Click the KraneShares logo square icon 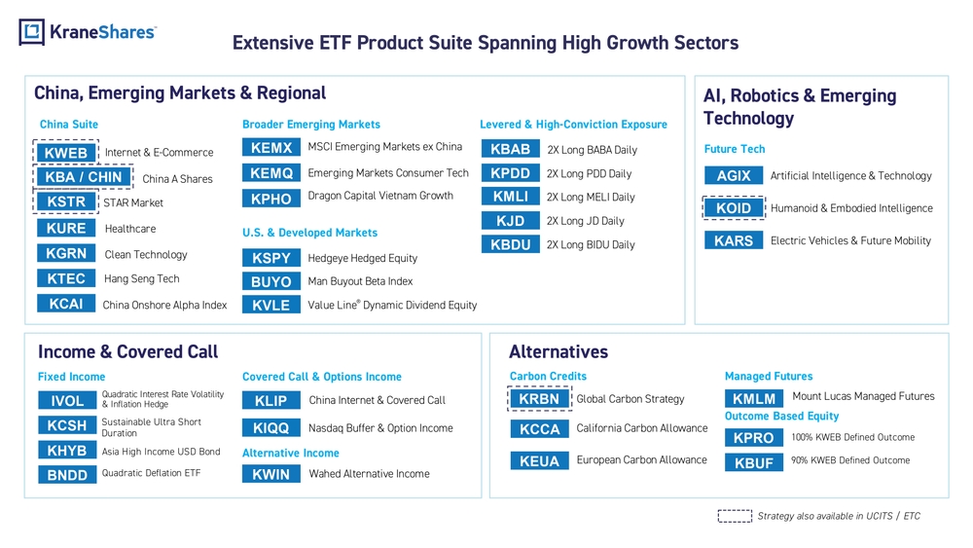pyautogui.click(x=32, y=32)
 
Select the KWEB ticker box pyautogui.click(x=66, y=153)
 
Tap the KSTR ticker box pyautogui.click(x=66, y=201)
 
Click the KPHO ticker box pyautogui.click(x=271, y=199)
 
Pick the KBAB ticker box pyautogui.click(x=510, y=149)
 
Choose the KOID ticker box pyautogui.click(x=734, y=208)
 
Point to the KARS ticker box pyautogui.click(x=734, y=240)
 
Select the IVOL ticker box pyautogui.click(x=67, y=401)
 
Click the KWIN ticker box pyautogui.click(x=271, y=474)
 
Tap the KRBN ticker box pyautogui.click(x=539, y=399)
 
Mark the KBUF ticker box pyautogui.click(x=754, y=463)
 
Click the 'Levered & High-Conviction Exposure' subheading pyautogui.click(x=573, y=125)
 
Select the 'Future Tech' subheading pyautogui.click(x=735, y=149)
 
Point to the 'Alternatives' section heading pyautogui.click(x=559, y=352)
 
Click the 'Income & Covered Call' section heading pyautogui.click(x=127, y=352)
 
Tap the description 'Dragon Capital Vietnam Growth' pyautogui.click(x=380, y=196)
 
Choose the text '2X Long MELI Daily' pyautogui.click(x=591, y=198)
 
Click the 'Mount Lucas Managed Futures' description pyautogui.click(x=863, y=396)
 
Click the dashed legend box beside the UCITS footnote pyautogui.click(x=735, y=516)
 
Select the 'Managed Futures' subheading pyautogui.click(x=769, y=376)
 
